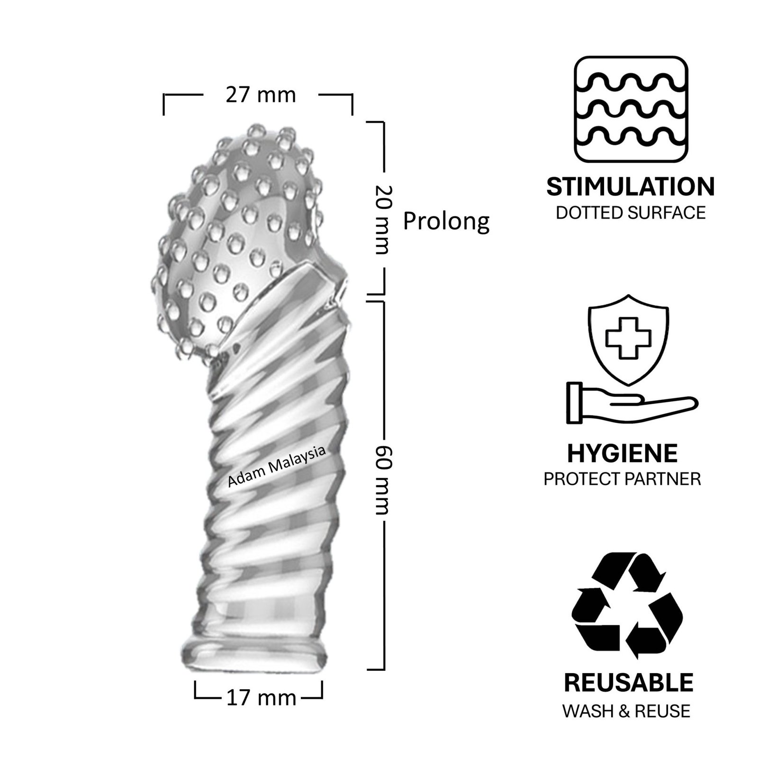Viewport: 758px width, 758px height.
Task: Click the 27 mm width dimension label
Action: click(260, 95)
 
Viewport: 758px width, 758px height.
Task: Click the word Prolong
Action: click(446, 222)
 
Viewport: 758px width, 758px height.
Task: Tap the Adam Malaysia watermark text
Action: click(277, 466)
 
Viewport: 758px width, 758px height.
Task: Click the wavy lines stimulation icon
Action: click(631, 110)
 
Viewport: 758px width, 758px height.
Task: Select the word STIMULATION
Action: click(631, 187)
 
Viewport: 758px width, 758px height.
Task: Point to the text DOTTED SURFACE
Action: click(631, 213)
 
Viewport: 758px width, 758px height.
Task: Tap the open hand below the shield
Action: click(632, 402)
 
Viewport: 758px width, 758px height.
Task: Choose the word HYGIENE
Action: click(623, 453)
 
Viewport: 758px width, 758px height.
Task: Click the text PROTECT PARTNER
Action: click(622, 479)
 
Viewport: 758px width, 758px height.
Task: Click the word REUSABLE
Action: click(628, 682)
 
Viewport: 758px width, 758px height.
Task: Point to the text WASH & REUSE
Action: click(626, 711)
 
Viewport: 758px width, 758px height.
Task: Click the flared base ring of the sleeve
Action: click(254, 657)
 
